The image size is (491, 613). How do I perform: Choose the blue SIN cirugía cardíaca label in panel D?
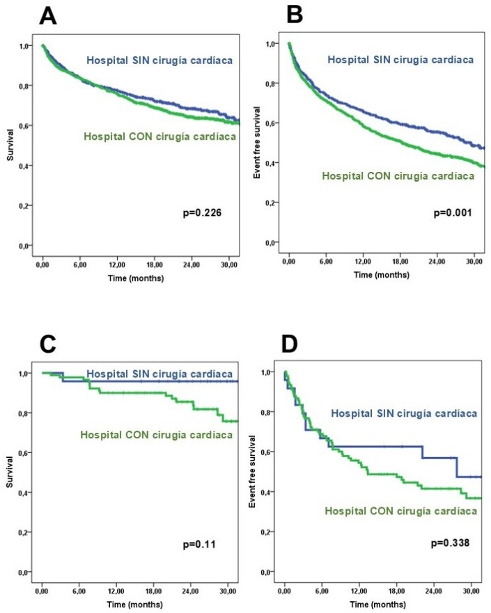pyautogui.click(x=404, y=413)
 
